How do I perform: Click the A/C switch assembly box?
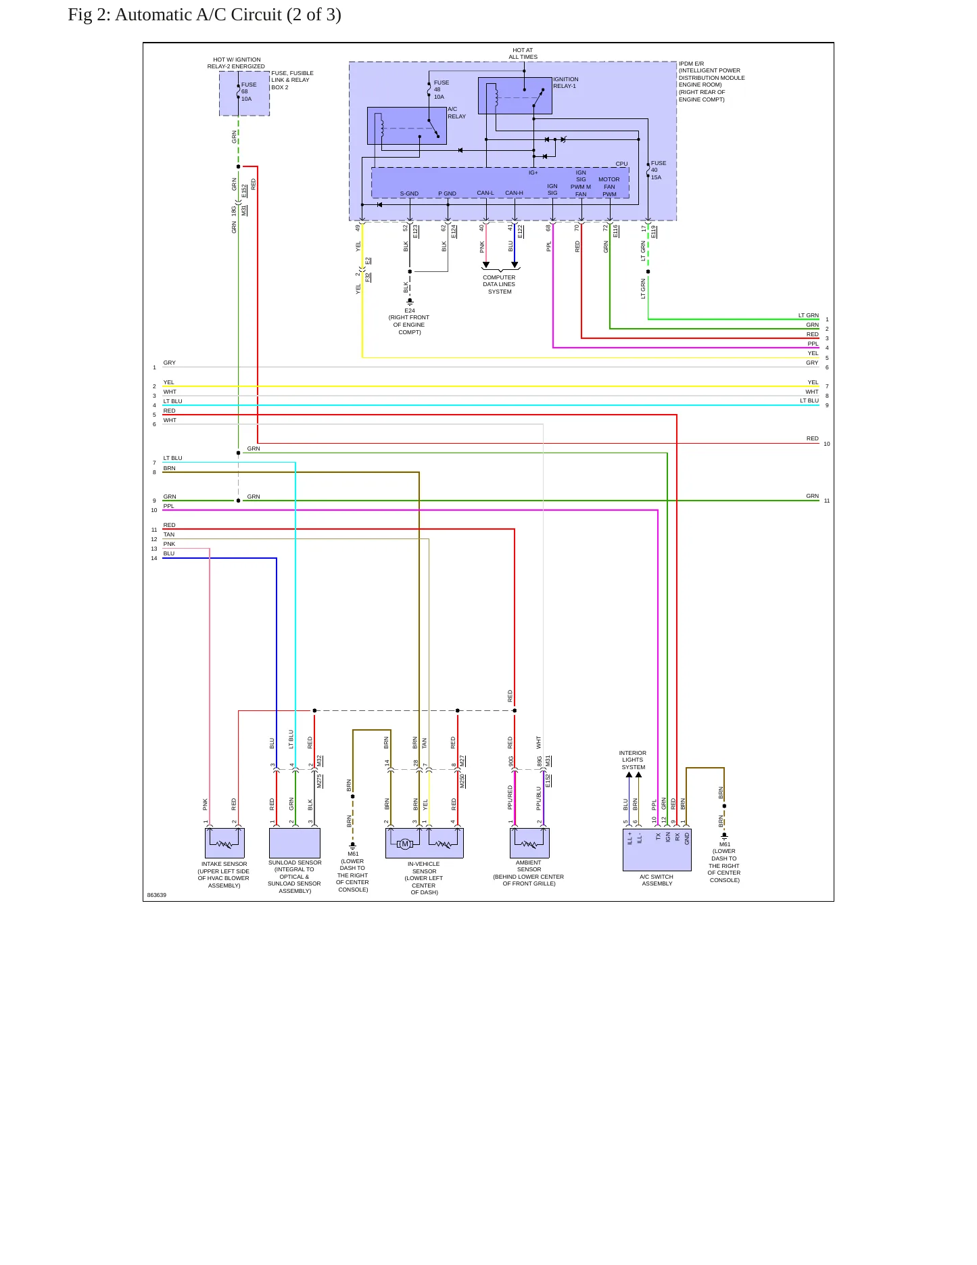click(657, 850)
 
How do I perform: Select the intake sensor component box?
click(224, 844)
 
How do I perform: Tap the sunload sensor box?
click(295, 843)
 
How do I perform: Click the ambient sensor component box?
click(529, 843)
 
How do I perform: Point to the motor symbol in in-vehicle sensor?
click(405, 844)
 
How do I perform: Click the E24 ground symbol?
click(410, 302)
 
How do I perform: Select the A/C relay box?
click(407, 126)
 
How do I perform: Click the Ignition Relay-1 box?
click(515, 95)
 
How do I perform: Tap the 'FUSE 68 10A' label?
click(249, 92)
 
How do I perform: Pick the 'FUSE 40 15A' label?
click(659, 170)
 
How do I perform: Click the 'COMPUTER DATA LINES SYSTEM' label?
click(500, 285)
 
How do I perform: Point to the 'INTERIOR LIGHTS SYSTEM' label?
click(633, 760)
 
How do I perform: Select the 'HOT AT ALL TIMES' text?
click(523, 53)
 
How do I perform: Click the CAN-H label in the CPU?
click(514, 193)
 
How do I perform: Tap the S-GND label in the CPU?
click(409, 194)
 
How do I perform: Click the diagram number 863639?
click(157, 895)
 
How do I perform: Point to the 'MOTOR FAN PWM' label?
click(609, 187)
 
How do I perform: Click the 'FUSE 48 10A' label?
click(442, 90)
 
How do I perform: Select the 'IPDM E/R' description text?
click(712, 82)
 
